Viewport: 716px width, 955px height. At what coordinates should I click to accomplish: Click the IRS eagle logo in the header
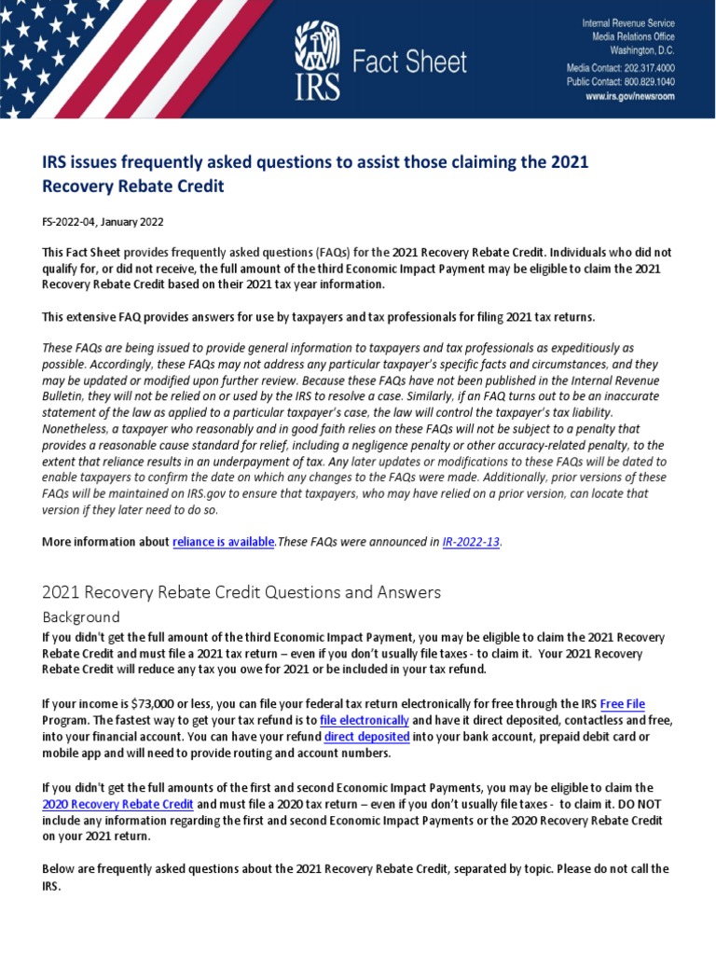[x=317, y=61]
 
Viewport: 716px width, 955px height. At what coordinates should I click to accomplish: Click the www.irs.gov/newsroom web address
[x=630, y=96]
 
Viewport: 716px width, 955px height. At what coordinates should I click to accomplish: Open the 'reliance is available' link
[x=224, y=541]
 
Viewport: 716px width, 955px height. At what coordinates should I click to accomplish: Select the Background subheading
[x=81, y=616]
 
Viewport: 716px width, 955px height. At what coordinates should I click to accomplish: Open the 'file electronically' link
[x=364, y=721]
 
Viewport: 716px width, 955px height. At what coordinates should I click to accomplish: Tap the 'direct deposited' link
[x=366, y=737]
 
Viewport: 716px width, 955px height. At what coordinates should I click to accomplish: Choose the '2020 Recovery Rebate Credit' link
[x=118, y=804]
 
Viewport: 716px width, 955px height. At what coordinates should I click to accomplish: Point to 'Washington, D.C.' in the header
[x=642, y=49]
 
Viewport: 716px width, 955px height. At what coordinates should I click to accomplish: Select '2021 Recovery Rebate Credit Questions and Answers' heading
[x=241, y=592]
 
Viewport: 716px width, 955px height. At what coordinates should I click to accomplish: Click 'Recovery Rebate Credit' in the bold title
[x=133, y=186]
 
